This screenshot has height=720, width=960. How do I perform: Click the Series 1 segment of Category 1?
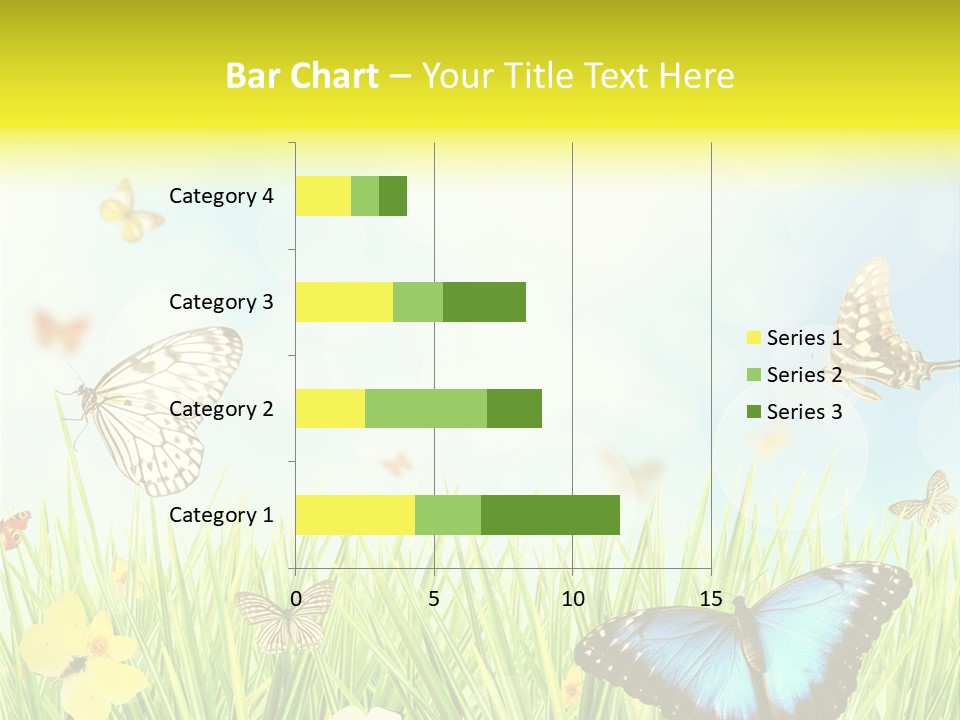coord(355,514)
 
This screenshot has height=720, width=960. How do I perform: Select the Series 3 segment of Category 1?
coord(550,514)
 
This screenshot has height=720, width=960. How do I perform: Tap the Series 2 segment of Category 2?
coord(426,408)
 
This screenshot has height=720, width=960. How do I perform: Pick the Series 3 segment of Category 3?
coord(484,301)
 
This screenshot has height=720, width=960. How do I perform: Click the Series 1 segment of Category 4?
coord(323,195)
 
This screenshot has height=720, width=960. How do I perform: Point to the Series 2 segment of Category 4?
coord(365,195)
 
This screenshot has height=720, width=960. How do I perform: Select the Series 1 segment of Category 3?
coord(344,301)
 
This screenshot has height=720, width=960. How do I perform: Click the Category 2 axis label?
coord(221,408)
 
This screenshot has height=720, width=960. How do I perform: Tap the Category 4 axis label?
coord(221,195)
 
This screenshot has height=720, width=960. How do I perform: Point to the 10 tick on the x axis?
coord(572,599)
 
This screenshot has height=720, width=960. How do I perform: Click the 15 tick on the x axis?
coord(710,599)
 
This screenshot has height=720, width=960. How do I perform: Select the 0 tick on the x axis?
coord(296,599)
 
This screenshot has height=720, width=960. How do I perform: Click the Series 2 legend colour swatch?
coord(753,375)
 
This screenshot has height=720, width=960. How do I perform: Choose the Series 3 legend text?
coord(804,411)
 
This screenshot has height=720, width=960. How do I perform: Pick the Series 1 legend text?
coord(804,338)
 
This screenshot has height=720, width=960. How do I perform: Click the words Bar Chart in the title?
coord(302,76)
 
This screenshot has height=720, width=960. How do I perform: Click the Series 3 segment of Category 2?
coord(514,408)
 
